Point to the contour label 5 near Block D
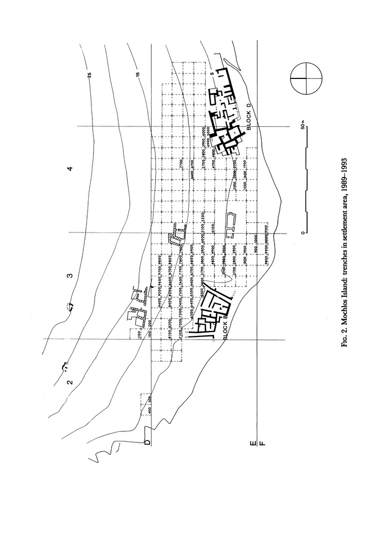coord(212,74)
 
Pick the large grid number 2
coord(69,382)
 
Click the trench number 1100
coord(138,334)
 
